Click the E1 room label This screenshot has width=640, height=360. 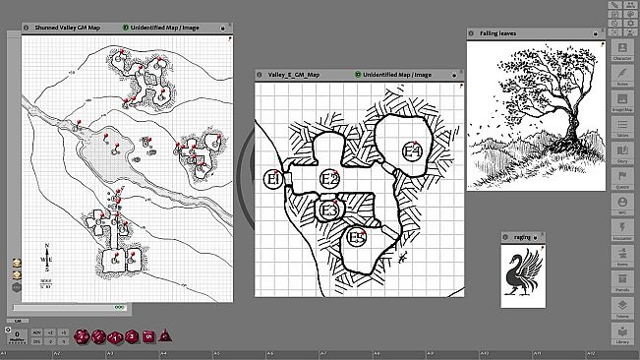click(x=274, y=179)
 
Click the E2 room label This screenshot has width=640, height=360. click(x=330, y=178)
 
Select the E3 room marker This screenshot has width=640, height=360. click(x=329, y=210)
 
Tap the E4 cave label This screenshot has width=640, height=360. click(x=412, y=151)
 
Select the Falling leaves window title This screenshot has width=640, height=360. click(x=498, y=33)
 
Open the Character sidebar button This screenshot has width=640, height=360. click(x=621, y=50)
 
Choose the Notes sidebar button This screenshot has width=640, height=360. click(x=621, y=77)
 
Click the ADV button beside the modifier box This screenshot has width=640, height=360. click(x=36, y=332)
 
